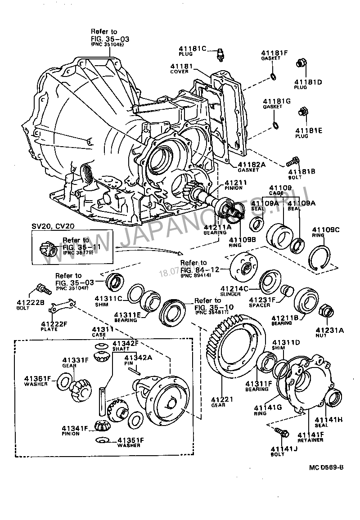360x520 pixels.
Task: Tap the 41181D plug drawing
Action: (301, 64)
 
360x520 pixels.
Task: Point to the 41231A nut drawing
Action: (325, 310)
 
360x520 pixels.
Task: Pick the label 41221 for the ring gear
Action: (221, 399)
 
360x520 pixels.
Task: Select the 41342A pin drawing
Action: (134, 371)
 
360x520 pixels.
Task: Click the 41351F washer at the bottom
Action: (102, 439)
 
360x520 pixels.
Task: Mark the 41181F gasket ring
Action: (273, 76)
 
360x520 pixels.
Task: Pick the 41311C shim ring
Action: (135, 293)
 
